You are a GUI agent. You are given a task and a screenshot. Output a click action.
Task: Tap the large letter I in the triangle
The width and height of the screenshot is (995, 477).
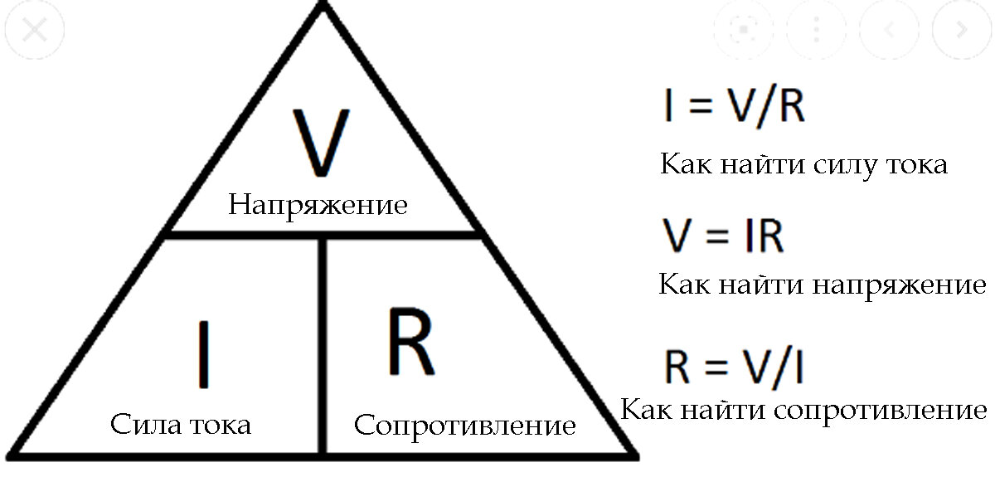[x=201, y=355]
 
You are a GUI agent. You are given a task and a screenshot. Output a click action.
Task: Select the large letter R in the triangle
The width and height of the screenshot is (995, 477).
[x=410, y=341]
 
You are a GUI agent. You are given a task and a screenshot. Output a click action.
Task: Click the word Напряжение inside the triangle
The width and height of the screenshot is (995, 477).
[x=318, y=205]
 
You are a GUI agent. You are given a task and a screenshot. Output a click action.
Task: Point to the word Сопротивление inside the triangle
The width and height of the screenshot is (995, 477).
[x=464, y=426]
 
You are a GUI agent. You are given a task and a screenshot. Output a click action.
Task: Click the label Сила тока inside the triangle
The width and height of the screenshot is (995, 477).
[x=180, y=426]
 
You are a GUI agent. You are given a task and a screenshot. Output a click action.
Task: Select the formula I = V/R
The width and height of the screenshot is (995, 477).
[x=734, y=108]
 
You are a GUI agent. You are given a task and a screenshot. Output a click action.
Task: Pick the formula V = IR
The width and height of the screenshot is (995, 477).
[x=723, y=237]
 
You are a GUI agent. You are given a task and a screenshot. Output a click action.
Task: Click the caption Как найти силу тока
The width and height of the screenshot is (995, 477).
[x=803, y=163]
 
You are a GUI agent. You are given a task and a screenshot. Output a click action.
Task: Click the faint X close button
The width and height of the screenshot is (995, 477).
[x=33, y=31]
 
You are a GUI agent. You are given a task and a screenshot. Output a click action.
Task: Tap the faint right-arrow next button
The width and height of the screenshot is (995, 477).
[x=962, y=31]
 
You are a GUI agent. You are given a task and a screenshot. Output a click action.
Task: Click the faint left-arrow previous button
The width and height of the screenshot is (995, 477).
[x=889, y=31]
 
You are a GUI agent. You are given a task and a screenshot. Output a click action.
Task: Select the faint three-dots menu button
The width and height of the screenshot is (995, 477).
[x=816, y=31]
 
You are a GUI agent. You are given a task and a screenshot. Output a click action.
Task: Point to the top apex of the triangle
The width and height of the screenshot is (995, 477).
[x=323, y=7]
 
